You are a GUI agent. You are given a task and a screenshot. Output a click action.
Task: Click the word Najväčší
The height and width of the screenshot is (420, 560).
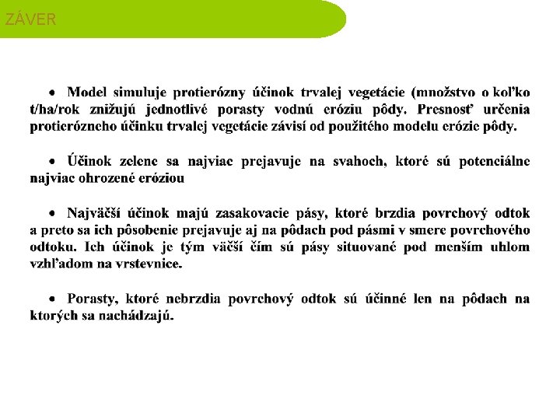94,212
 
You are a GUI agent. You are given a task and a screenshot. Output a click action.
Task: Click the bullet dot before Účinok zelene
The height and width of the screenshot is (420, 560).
52,161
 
